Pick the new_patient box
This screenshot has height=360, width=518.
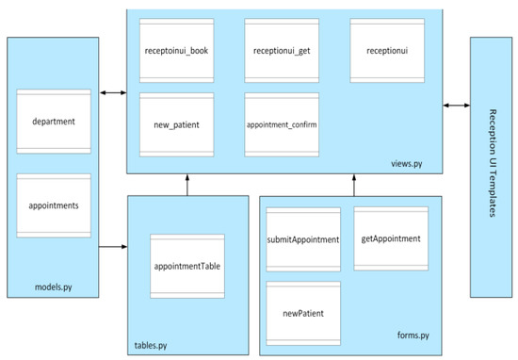click(175, 123)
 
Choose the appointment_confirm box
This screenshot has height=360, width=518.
click(280, 123)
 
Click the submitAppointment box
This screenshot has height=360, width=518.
click(302, 240)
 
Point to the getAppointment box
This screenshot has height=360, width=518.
click(391, 239)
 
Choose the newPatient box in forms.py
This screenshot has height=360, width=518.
click(302, 313)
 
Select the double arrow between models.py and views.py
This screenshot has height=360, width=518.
click(112, 92)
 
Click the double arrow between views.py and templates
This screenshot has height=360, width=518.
click(455, 106)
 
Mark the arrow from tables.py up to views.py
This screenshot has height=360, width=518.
click(188, 184)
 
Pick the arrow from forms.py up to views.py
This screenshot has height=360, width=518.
click(355, 184)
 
